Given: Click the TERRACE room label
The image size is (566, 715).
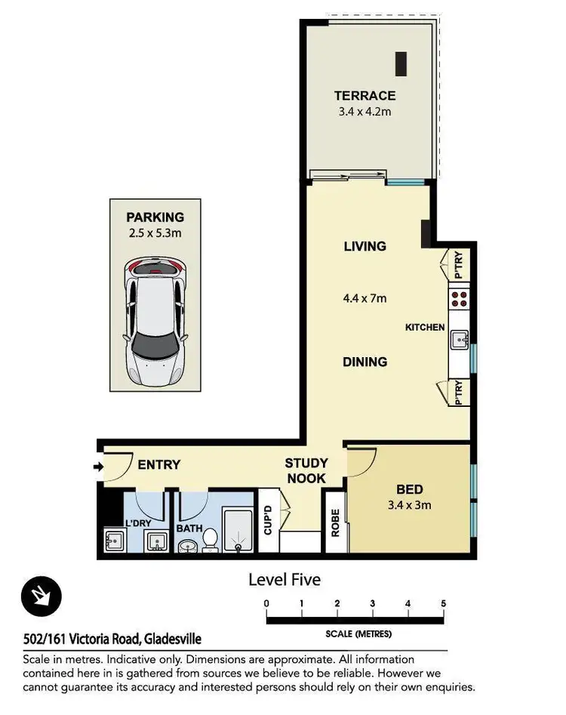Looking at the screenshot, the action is pyautogui.click(x=365, y=96).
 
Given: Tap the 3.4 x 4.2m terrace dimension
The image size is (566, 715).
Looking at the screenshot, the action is pyautogui.click(x=365, y=112).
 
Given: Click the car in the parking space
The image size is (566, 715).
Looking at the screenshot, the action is pyautogui.click(x=155, y=321).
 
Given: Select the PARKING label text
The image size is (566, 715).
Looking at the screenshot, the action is pyautogui.click(x=155, y=217).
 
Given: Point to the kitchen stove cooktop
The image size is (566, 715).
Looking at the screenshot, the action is pyautogui.click(x=459, y=299).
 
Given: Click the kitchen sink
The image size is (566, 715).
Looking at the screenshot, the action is pyautogui.click(x=460, y=340).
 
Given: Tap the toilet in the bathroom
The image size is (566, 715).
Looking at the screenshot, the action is pyautogui.click(x=210, y=540).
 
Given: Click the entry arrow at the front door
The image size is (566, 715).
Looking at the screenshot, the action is pyautogui.click(x=98, y=467).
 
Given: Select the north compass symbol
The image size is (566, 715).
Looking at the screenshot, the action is pyautogui.click(x=42, y=596).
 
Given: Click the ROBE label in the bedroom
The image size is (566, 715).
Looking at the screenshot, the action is pyautogui.click(x=335, y=522).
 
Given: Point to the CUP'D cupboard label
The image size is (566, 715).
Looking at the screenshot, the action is pyautogui.click(x=268, y=520).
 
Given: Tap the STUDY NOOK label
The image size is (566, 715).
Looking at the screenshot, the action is pyautogui.click(x=306, y=470).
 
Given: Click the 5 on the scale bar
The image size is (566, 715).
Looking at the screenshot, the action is pyautogui.click(x=444, y=603).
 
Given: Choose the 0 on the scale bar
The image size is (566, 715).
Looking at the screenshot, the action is pyautogui.click(x=266, y=603).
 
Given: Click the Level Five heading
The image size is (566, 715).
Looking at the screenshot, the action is pyautogui.click(x=285, y=580).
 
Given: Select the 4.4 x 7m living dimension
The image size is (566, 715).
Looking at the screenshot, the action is pyautogui.click(x=365, y=299).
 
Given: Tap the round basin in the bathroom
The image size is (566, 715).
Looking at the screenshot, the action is pyautogui.click(x=186, y=547).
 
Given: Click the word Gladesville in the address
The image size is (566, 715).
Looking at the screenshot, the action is pyautogui.click(x=173, y=639).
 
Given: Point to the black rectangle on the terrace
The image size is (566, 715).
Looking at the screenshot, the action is pyautogui.click(x=401, y=64).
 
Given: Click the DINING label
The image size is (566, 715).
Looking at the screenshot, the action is pyautogui.click(x=365, y=362).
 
